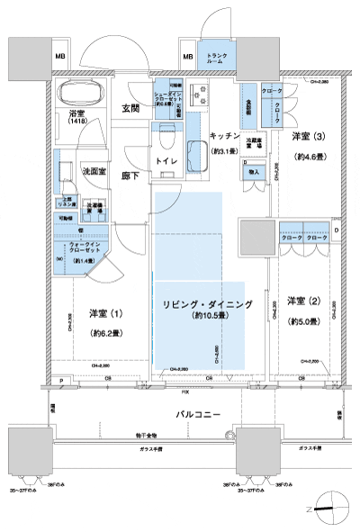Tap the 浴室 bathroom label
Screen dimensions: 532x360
coord(76,113)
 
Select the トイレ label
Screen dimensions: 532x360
coord(166,159)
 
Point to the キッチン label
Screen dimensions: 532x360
coord(223,134)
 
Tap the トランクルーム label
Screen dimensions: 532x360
coord(216,60)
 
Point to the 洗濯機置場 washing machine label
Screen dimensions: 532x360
coord(93,206)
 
